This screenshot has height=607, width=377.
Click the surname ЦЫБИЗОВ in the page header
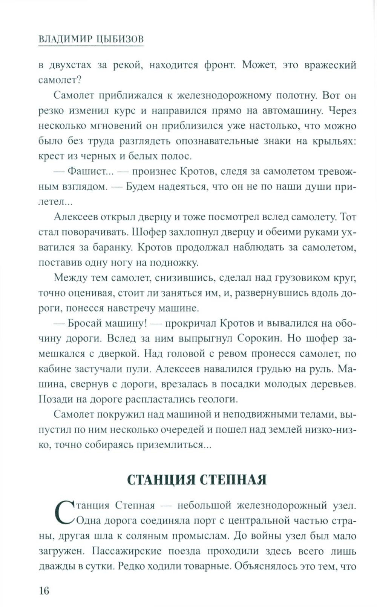118,40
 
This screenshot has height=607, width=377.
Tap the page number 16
44,590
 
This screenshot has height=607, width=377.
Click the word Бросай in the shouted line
84,323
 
